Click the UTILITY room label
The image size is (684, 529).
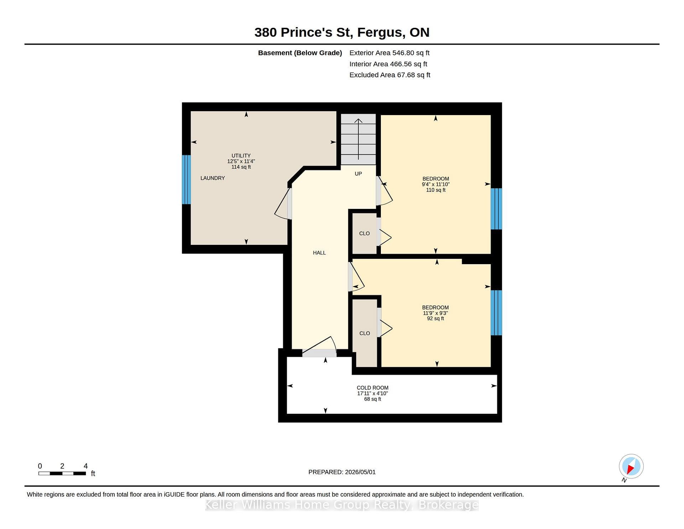click(x=241, y=156)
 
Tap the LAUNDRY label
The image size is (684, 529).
click(x=213, y=178)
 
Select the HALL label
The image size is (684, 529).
click(x=319, y=253)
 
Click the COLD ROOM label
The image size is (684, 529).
click(x=373, y=388)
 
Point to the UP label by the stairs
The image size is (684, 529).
click(x=358, y=174)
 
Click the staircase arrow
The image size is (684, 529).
click(x=358, y=139)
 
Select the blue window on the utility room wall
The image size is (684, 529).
click(x=186, y=180)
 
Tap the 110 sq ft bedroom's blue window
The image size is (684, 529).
click(x=496, y=209)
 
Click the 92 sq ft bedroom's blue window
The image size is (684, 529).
click(x=496, y=313)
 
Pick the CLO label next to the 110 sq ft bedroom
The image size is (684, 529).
click(x=364, y=233)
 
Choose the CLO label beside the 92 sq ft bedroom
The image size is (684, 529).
click(x=365, y=333)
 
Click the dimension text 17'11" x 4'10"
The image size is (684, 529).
click(x=373, y=394)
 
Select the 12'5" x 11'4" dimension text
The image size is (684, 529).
click(x=241, y=161)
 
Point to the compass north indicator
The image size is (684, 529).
click(x=631, y=467)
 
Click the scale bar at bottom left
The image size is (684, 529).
click(x=62, y=473)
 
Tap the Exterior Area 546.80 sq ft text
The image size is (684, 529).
click(x=389, y=53)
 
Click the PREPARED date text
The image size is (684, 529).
click(x=342, y=472)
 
